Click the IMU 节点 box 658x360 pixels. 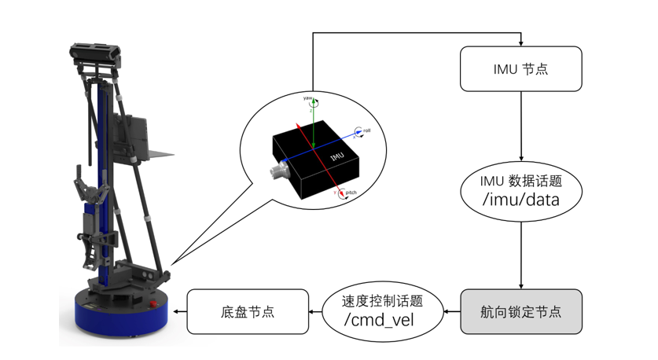point(520,69)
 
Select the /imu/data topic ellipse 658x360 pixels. point(520,191)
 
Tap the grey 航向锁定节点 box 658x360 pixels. point(520,312)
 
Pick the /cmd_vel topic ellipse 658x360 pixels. point(382,312)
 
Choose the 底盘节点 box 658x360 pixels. point(248,312)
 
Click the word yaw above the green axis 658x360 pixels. point(307,98)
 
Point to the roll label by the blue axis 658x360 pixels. point(367,130)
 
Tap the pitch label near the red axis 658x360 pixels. point(351,192)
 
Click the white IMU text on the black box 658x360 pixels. point(337,156)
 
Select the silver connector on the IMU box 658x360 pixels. point(278,171)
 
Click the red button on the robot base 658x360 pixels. point(153,303)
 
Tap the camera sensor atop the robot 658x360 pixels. point(95,52)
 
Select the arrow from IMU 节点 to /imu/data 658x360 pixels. point(521,127)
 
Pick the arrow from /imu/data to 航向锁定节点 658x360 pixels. point(521,255)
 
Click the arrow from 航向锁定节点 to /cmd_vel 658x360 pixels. point(452,312)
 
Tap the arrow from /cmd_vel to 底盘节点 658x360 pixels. point(315,312)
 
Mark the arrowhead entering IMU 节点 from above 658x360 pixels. point(520,44)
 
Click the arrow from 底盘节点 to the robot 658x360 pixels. point(180,312)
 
